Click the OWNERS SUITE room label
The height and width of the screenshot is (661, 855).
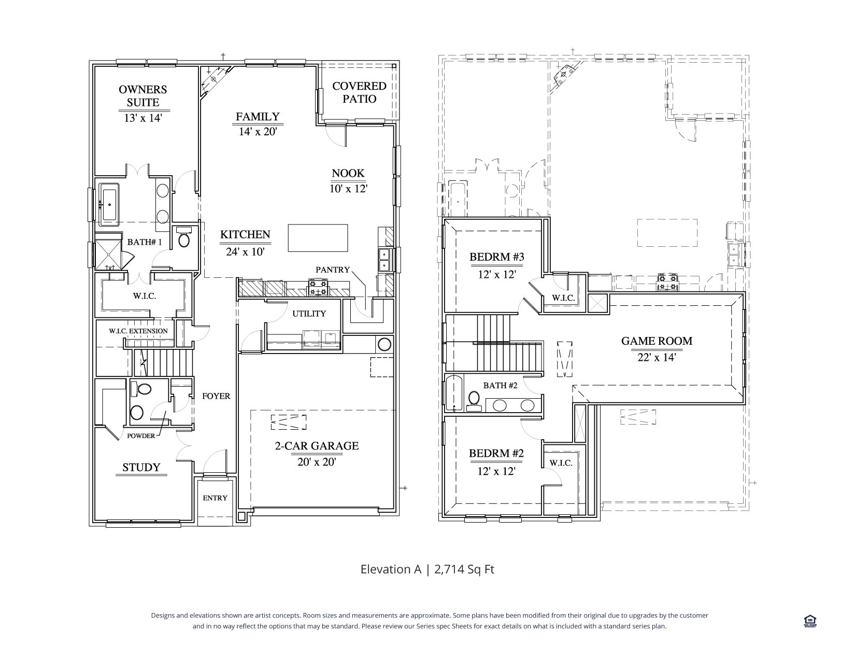point(143,96)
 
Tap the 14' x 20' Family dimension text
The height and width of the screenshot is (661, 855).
point(258,132)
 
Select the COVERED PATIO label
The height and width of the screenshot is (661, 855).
point(359,92)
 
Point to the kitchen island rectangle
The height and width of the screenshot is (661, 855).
point(318,238)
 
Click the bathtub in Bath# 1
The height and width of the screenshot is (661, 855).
point(109,204)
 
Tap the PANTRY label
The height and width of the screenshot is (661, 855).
point(333,270)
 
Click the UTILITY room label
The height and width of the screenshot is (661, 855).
point(309,313)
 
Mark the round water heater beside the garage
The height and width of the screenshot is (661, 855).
point(384,344)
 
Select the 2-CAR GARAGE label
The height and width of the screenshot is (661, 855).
point(317,446)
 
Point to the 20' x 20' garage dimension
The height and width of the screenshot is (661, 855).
point(317,462)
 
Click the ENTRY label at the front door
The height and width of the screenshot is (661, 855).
point(215,498)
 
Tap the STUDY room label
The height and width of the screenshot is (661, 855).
point(141,467)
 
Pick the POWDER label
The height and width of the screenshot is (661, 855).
point(141,436)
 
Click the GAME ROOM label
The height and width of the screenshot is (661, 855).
point(657,341)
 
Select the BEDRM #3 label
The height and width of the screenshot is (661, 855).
point(497,257)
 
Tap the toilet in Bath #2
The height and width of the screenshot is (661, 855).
point(474,401)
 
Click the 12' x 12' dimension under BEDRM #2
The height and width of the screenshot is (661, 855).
point(496,471)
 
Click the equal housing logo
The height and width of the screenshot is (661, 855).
point(810,621)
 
